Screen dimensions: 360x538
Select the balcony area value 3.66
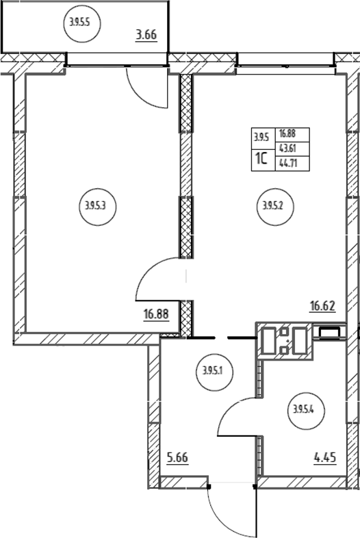coord(146,35)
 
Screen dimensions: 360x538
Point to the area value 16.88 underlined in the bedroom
coord(156,314)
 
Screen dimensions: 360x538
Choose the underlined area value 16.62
coord(322,305)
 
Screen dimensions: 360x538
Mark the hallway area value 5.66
coord(177,458)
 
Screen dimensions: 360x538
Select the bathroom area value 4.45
coord(324,458)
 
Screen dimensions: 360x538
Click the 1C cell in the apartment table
coord(263,159)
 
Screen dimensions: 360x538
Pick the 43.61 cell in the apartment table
coord(292,149)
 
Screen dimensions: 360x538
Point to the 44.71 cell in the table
coord(292,164)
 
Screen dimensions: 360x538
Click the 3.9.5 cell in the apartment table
coord(263,138)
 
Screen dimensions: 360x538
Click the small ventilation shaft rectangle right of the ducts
coord(329,332)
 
